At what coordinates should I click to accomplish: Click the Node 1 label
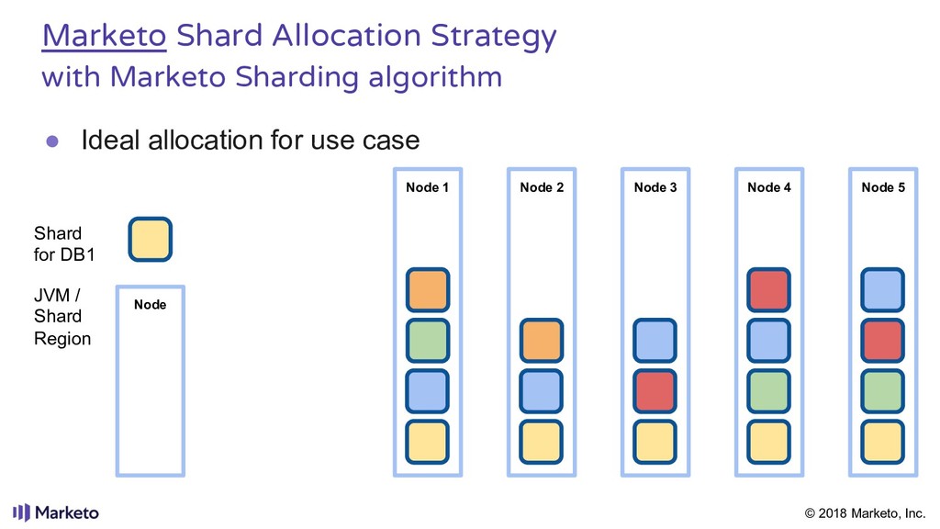point(427,187)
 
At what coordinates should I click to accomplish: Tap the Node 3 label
point(655,187)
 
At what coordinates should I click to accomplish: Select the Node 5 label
point(883,187)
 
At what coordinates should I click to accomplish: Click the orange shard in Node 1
point(428,290)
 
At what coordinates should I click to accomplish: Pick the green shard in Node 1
point(428,341)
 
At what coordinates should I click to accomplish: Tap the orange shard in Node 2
point(542,341)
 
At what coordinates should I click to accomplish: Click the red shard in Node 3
point(655,391)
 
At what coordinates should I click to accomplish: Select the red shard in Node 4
point(769,290)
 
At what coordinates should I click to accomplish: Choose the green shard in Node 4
point(769,391)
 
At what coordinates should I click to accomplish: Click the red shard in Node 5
point(883,341)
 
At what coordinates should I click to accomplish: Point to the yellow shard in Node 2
point(542,442)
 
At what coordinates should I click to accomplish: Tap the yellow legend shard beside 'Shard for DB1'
point(150,239)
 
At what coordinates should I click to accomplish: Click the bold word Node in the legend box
point(150,304)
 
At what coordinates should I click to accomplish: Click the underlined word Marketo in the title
point(104,37)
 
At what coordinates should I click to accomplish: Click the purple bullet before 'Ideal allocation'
point(53,141)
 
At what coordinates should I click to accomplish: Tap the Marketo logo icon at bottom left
point(21,512)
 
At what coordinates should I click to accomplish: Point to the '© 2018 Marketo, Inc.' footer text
point(865,512)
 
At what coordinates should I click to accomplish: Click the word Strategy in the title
point(497,37)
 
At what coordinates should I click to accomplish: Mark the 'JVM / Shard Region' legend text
point(62,316)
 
